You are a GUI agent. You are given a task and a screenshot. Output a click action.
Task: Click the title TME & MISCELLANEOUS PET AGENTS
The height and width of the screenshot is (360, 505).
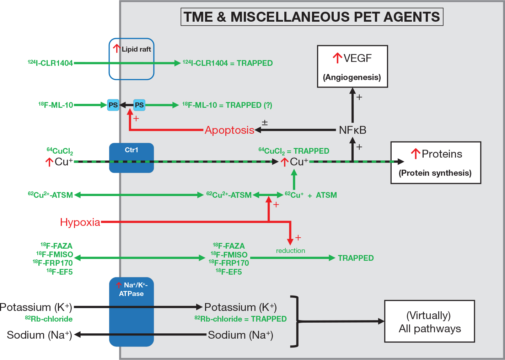312,17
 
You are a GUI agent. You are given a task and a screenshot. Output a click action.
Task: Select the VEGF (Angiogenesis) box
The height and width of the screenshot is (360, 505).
352,67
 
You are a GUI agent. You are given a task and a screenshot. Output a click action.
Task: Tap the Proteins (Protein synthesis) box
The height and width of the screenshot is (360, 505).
435,163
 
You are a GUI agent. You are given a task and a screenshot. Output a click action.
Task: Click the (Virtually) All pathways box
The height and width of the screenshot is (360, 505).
429,321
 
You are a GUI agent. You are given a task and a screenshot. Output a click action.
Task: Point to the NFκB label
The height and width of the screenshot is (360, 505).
352,130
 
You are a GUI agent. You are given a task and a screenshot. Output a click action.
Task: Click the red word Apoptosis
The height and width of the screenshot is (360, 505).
229,130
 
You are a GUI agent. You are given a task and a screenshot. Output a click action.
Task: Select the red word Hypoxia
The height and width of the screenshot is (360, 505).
80,222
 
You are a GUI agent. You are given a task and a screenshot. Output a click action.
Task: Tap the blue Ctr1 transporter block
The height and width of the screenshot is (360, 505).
131,158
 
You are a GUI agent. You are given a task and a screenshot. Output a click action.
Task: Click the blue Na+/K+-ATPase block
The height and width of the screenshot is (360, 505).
131,312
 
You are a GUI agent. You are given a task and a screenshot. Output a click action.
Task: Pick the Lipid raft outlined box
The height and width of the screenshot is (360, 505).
131,59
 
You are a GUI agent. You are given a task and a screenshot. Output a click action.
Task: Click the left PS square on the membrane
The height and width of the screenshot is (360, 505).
113,105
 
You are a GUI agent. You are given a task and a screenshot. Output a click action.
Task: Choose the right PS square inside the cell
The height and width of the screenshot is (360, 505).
139,105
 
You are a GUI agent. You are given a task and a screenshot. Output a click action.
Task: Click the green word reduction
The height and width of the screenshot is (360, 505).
290,251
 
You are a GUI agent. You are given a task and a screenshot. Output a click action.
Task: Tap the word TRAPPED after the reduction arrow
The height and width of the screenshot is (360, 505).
355,258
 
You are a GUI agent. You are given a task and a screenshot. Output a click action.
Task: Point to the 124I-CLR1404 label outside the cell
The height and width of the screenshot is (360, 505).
50,63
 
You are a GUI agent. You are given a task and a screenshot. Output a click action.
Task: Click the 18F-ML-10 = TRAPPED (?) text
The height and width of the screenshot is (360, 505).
227,105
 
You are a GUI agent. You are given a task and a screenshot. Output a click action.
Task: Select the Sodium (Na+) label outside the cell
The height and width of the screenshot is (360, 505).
39,335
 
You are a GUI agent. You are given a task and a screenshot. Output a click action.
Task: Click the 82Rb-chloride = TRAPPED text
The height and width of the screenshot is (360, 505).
241,319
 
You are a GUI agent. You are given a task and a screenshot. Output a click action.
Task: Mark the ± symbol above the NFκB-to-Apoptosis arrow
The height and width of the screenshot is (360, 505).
265,123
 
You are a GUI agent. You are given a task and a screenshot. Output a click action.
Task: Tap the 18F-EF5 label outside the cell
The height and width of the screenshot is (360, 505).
59,272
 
